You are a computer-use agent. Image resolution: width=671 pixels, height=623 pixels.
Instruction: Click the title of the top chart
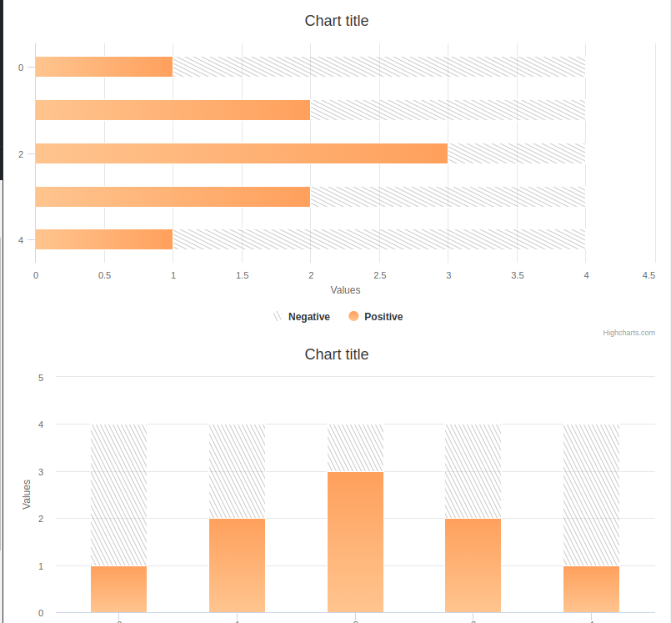(x=336, y=21)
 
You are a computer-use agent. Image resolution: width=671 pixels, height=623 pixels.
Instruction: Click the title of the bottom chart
(x=336, y=354)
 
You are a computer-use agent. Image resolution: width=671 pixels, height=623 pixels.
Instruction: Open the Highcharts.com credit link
(x=628, y=333)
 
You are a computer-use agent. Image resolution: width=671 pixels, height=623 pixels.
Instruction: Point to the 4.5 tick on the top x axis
(x=648, y=275)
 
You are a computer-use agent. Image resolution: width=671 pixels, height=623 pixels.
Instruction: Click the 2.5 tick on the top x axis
(x=379, y=275)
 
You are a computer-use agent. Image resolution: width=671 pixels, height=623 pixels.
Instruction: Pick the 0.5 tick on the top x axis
(x=104, y=275)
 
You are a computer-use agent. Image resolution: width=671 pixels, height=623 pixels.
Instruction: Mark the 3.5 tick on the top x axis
(x=517, y=275)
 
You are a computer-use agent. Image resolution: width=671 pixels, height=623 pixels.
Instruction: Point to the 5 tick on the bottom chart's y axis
(x=40, y=377)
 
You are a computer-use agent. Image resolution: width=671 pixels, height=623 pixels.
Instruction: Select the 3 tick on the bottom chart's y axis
(x=40, y=472)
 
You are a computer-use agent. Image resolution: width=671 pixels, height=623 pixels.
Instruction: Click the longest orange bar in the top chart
(x=242, y=153)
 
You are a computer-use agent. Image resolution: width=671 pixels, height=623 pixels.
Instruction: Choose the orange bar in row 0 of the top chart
(x=104, y=67)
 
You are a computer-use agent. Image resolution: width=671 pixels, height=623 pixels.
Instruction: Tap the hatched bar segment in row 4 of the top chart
(x=379, y=239)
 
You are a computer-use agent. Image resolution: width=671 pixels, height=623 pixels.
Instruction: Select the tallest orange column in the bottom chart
(x=355, y=542)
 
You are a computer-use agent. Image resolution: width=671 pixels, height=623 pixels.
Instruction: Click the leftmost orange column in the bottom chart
(x=118, y=590)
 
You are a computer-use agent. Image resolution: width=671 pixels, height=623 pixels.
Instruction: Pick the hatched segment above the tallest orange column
(x=355, y=448)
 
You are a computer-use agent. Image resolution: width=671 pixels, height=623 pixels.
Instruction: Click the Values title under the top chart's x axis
(x=345, y=290)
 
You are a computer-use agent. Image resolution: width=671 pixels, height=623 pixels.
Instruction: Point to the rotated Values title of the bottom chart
(x=27, y=494)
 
